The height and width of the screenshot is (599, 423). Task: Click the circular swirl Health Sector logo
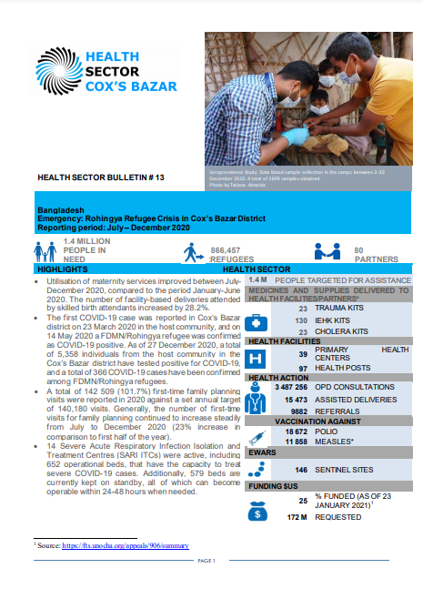(59, 72)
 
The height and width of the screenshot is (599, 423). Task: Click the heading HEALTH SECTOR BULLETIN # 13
(94, 178)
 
